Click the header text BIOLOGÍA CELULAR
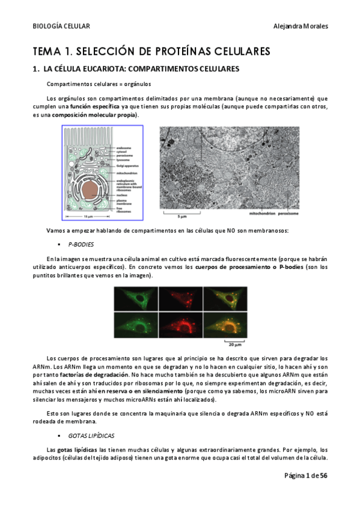pos(61,26)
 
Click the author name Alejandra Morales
pos(301,26)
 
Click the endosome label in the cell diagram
pos(125,147)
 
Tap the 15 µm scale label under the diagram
pos(88,216)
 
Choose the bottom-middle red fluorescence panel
pos(181,325)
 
